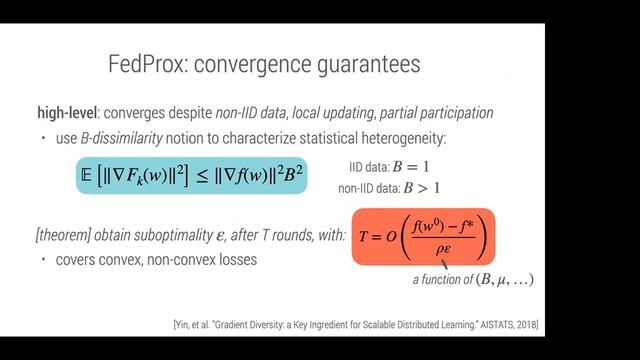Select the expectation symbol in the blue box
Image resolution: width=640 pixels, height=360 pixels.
(x=85, y=175)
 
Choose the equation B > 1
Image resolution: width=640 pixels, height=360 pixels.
(x=418, y=187)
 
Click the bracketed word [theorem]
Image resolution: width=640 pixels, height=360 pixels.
(x=63, y=235)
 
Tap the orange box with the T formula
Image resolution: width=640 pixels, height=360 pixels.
(x=423, y=236)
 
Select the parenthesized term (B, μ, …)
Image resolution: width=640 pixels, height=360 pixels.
(x=504, y=280)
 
